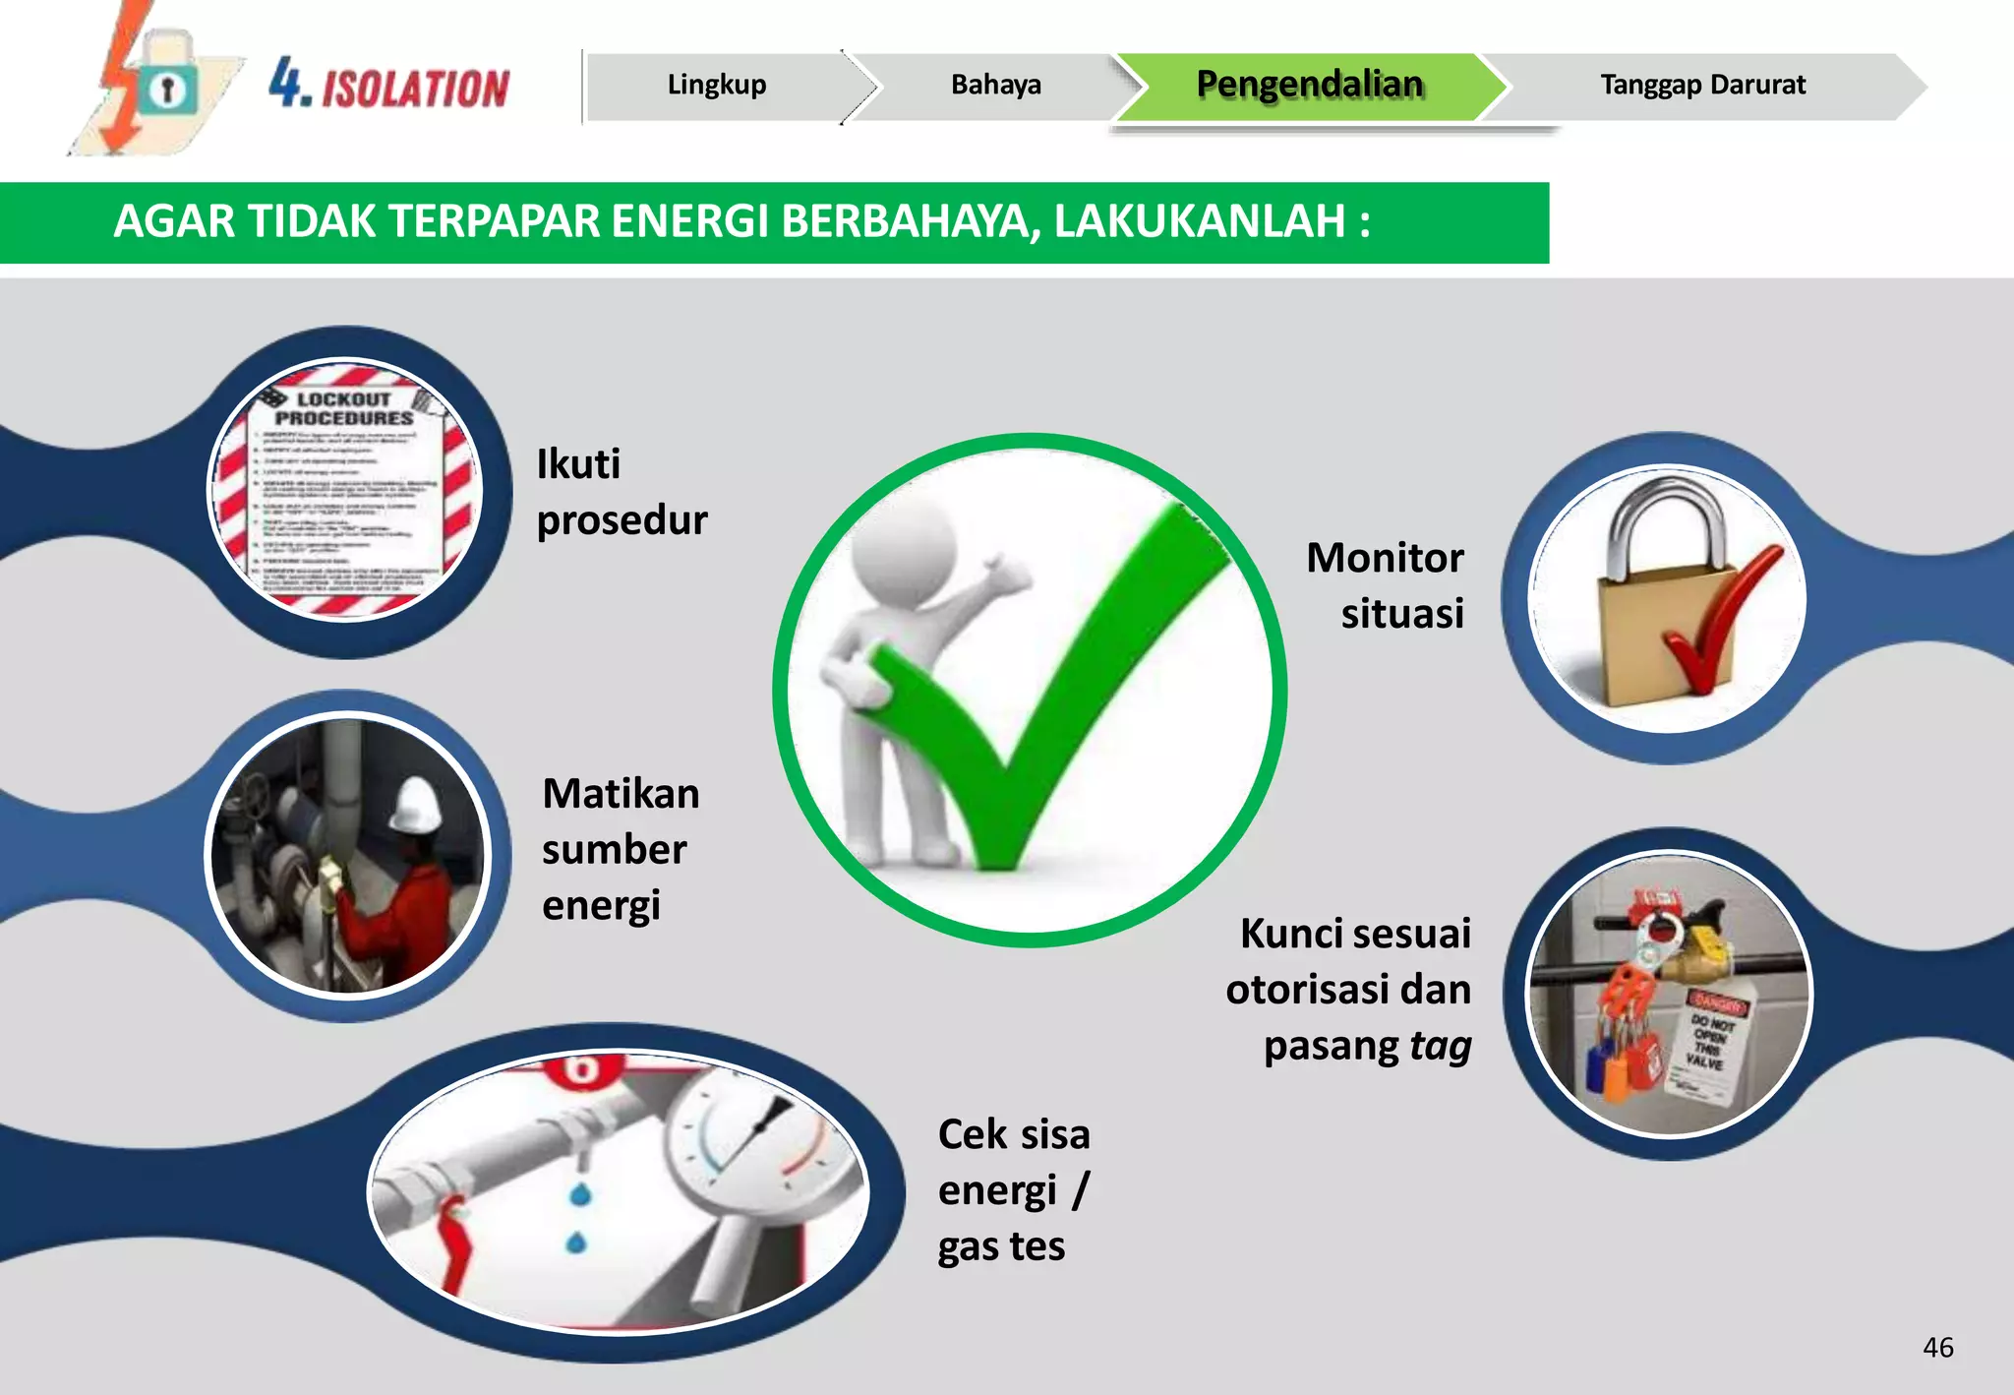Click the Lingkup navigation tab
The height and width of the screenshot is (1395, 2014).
[717, 86]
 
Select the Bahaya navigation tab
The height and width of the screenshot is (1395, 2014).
[995, 86]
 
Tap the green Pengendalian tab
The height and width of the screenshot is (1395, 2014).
[1309, 86]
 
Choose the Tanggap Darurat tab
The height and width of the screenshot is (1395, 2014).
[1702, 86]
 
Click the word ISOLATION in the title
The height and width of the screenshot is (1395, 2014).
[416, 89]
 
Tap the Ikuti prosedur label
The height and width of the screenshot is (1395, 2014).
[621, 492]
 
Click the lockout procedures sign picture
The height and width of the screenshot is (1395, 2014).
[345, 489]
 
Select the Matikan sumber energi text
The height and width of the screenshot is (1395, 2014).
[620, 849]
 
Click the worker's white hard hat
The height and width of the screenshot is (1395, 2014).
[418, 804]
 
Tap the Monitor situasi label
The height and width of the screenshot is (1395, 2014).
[1386, 585]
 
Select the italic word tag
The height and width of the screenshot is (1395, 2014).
[1441, 1046]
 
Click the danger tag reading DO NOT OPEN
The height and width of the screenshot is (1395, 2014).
[1709, 1043]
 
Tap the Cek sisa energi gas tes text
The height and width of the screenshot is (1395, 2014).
[1013, 1190]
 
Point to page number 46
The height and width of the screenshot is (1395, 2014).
[1937, 1347]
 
